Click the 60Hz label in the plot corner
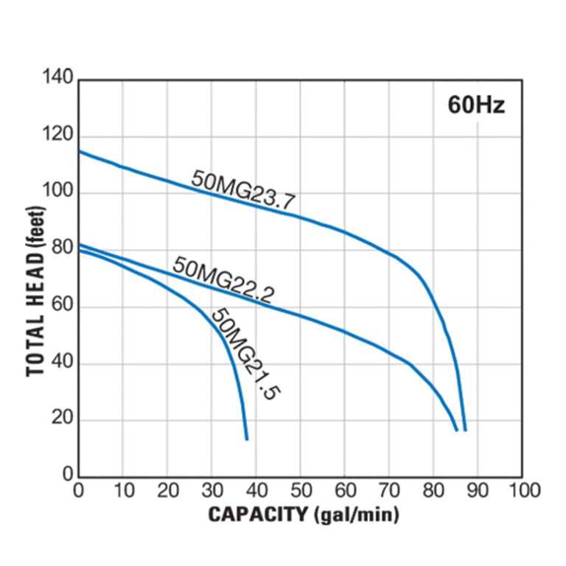point(477,104)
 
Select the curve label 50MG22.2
point(223,279)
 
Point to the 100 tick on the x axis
point(523,491)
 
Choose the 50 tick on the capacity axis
point(300,491)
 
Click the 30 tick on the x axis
point(212,491)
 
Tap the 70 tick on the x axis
point(389,491)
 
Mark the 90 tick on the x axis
point(478,491)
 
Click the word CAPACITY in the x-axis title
point(256,514)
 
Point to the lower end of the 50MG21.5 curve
point(247,439)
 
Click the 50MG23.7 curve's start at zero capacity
point(79,152)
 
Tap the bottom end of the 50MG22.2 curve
point(456,429)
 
